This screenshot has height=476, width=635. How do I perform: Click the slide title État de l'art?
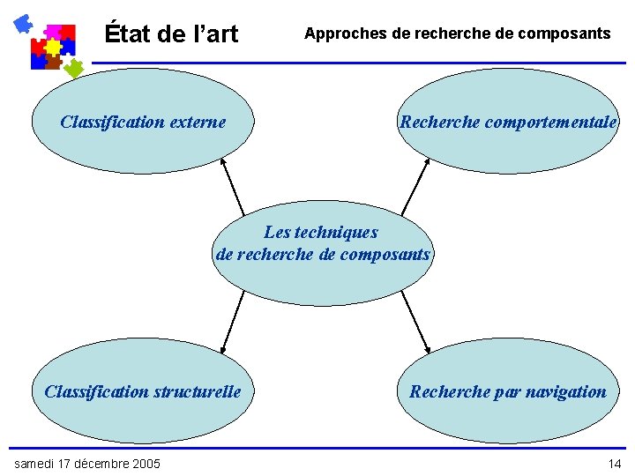(x=171, y=34)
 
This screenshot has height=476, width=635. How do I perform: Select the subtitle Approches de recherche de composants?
(x=457, y=33)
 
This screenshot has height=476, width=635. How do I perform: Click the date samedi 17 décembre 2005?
(x=87, y=464)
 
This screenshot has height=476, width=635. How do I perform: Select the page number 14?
(x=614, y=464)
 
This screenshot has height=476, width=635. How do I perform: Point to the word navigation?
(x=562, y=391)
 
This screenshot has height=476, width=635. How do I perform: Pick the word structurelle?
(x=197, y=391)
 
